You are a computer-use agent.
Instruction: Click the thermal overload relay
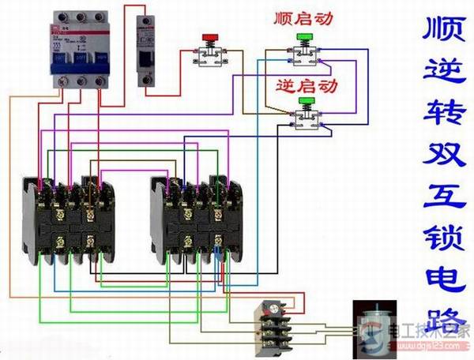[272, 324]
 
